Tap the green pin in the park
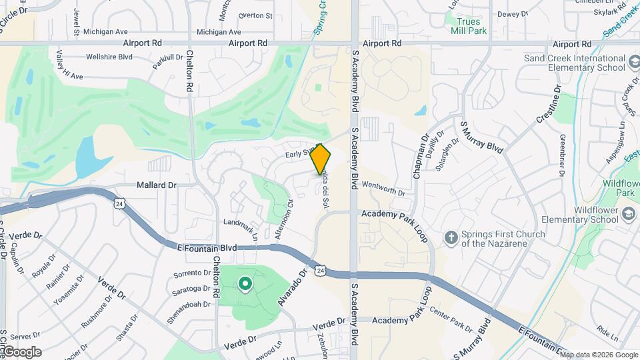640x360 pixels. (x=245, y=285)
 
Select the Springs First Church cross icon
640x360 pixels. (x=451, y=237)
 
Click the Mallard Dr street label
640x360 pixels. (x=157, y=185)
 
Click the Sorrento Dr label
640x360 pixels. (x=192, y=273)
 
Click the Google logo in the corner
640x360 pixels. (x=21, y=352)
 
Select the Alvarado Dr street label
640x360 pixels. (x=292, y=291)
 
